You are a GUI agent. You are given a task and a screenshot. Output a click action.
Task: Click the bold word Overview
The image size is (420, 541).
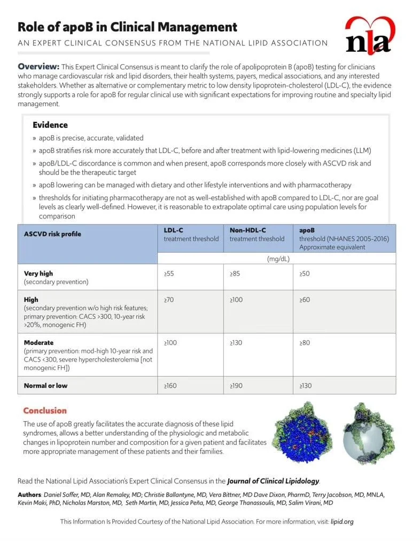tap(38, 67)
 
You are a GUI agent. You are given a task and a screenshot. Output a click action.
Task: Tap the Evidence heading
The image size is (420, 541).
tap(50, 125)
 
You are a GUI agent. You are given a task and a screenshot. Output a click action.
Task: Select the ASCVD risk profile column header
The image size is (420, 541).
tap(53, 234)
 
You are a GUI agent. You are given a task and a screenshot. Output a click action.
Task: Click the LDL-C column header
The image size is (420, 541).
tap(174, 230)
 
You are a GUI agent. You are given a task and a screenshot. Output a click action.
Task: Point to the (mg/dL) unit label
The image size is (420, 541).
tap(278, 258)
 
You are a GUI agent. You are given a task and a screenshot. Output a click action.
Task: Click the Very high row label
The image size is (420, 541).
tap(38, 273)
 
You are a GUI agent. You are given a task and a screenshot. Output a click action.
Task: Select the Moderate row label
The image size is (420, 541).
tap(39, 342)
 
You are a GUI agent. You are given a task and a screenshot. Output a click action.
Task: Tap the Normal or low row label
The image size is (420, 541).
tap(46, 386)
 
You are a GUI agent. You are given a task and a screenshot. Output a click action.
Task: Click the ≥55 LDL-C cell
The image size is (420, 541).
tap(169, 273)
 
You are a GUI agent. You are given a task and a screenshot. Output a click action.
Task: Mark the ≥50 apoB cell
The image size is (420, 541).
tap(305, 273)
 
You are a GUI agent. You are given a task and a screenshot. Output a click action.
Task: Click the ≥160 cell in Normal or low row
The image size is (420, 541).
tap(170, 386)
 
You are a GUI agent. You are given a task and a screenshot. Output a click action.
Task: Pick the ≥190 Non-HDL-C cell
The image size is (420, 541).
tap(237, 386)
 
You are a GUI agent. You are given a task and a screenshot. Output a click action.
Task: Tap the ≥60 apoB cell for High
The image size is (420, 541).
tap(305, 300)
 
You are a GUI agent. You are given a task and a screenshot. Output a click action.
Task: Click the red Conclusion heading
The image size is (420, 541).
tap(45, 411)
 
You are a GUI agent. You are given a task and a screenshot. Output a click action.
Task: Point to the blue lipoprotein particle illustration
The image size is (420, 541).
tap(301, 433)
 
